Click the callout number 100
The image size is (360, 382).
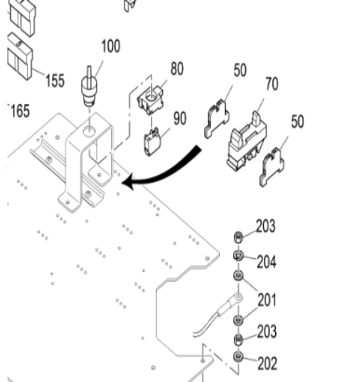pos(111,46)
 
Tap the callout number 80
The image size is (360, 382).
pos(177,69)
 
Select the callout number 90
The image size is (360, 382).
pos(180,118)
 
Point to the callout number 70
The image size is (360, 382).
pos(272,84)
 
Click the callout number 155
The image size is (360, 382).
pos(55,80)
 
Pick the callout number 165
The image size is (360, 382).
pos(21,111)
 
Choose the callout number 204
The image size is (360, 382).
pos(267,262)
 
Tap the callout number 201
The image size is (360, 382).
pos(267,300)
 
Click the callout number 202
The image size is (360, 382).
pos(268,363)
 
